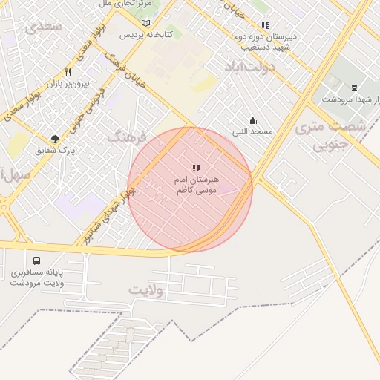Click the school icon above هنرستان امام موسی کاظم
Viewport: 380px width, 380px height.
[196, 168]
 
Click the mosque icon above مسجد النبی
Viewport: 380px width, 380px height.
[252, 120]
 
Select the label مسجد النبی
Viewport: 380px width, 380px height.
[252, 131]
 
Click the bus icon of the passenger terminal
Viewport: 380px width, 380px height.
[37, 261]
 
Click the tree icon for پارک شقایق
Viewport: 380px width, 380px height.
[55, 139]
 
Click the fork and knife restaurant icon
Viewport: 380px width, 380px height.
[68, 73]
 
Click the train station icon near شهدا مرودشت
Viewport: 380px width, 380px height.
[354, 88]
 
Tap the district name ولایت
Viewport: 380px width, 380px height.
[145, 289]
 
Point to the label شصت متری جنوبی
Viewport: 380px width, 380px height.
[330, 136]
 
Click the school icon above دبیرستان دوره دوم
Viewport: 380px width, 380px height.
[265, 26]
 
